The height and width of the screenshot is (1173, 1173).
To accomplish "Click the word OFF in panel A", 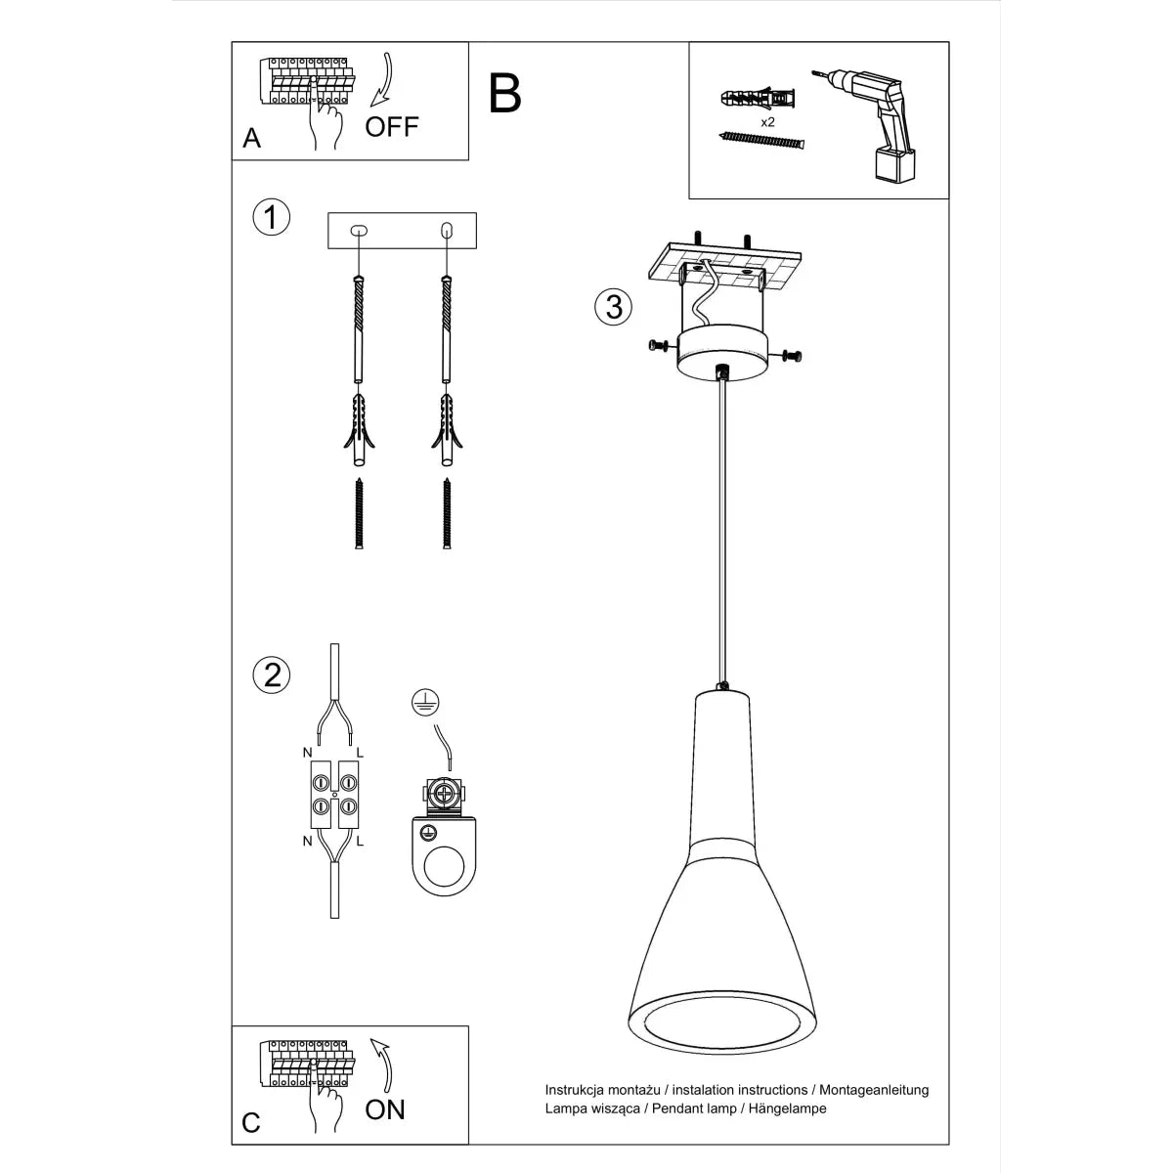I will (392, 126).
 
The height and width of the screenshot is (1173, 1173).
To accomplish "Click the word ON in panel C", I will (384, 1108).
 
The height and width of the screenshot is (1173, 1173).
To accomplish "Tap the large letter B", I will (505, 94).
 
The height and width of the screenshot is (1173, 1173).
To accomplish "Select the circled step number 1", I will (271, 217).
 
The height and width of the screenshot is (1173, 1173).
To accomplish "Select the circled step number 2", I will (271, 674).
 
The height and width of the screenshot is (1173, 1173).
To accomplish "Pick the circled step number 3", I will (613, 306).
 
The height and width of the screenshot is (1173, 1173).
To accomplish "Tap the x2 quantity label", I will (767, 122).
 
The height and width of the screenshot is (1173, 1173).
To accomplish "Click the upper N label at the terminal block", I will (306, 753).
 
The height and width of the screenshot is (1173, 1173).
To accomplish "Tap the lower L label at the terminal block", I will (360, 840).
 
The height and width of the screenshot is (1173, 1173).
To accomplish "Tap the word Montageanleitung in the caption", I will (873, 1089).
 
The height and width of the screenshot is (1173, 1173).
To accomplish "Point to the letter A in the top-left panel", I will (252, 139).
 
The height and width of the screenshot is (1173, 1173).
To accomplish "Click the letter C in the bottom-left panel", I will (251, 1122).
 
